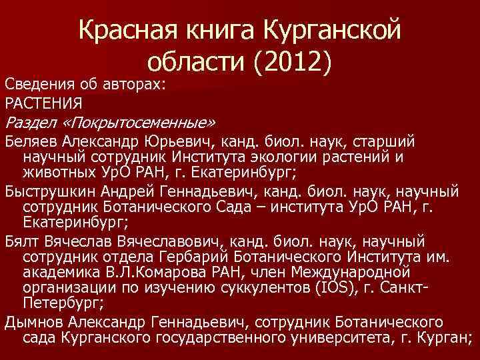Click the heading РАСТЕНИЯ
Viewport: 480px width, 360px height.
tap(43, 103)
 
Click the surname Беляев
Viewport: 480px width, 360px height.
tap(31, 142)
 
